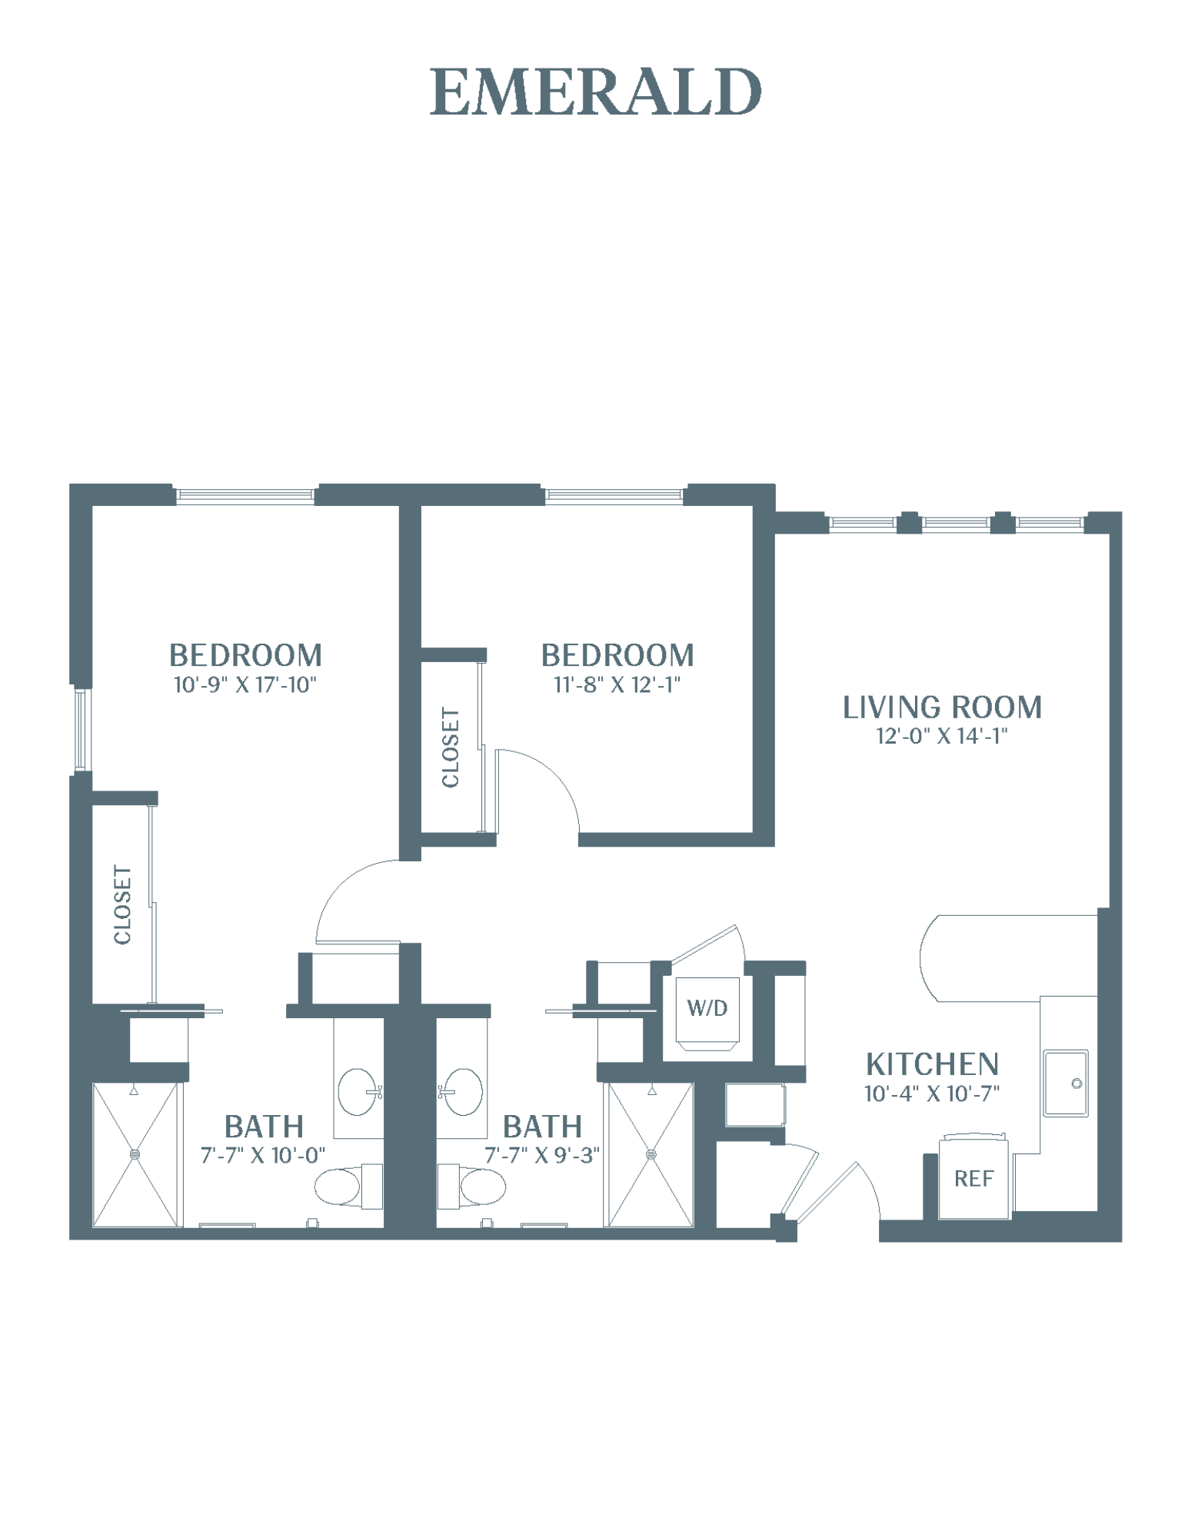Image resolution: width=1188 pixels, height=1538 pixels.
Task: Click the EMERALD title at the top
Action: [595, 92]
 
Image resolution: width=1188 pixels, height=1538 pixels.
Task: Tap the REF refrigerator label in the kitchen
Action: [973, 1178]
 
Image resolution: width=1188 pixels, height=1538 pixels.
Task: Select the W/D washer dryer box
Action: [707, 1014]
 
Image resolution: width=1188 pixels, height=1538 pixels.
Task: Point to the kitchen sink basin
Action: [1066, 1083]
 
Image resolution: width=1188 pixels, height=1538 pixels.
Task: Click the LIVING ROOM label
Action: [943, 707]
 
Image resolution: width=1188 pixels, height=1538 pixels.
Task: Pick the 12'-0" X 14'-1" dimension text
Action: [942, 736]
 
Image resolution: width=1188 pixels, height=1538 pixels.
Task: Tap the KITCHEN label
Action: [932, 1064]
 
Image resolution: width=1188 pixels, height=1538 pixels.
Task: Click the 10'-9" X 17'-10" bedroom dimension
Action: [245, 684]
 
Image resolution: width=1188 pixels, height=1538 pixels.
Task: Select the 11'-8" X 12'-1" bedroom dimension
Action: [617, 684]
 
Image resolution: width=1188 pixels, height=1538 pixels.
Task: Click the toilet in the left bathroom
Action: [348, 1187]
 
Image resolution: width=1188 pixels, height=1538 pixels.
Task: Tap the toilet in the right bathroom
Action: [471, 1187]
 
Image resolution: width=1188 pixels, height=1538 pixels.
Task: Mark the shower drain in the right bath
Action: [651, 1154]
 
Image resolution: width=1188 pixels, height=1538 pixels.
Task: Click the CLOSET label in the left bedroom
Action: [123, 904]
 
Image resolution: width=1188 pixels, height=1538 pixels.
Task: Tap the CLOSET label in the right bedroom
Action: [451, 747]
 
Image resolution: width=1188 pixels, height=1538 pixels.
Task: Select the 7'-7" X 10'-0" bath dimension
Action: [263, 1155]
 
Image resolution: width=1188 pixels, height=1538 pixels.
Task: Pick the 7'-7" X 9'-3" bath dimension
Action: [542, 1155]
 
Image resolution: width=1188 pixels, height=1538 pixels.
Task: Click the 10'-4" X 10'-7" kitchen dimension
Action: [932, 1093]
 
